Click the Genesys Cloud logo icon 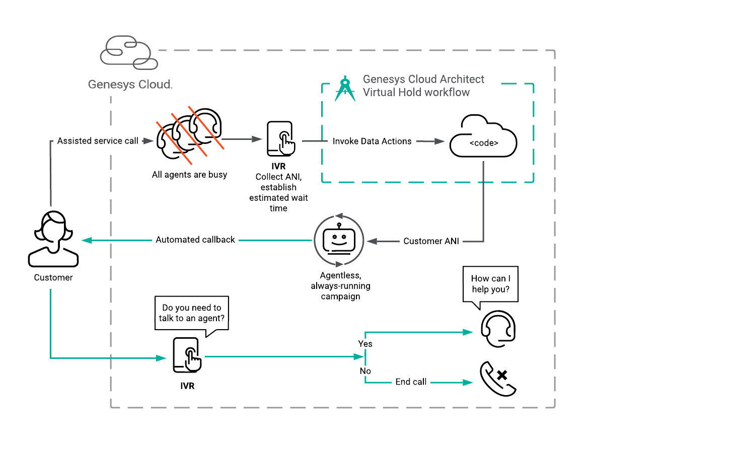pyautogui.click(x=129, y=52)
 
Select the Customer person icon pyautogui.click(x=53, y=239)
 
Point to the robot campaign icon pyautogui.click(x=339, y=241)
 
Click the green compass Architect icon pyautogui.click(x=345, y=89)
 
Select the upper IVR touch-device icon pyautogui.click(x=280, y=139)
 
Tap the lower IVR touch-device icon pyautogui.click(x=187, y=355)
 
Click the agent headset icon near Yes pyautogui.click(x=498, y=329)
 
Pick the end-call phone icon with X pyautogui.click(x=498, y=379)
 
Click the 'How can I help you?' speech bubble pyautogui.click(x=490, y=284)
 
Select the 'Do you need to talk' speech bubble pyautogui.click(x=192, y=313)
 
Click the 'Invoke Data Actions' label pyautogui.click(x=372, y=141)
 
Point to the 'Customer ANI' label pyautogui.click(x=431, y=241)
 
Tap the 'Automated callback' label pyautogui.click(x=195, y=240)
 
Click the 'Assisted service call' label pyautogui.click(x=98, y=141)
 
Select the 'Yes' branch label pyautogui.click(x=365, y=344)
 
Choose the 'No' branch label pyautogui.click(x=365, y=371)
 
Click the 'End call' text pyautogui.click(x=411, y=382)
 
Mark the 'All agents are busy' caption pyautogui.click(x=189, y=175)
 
